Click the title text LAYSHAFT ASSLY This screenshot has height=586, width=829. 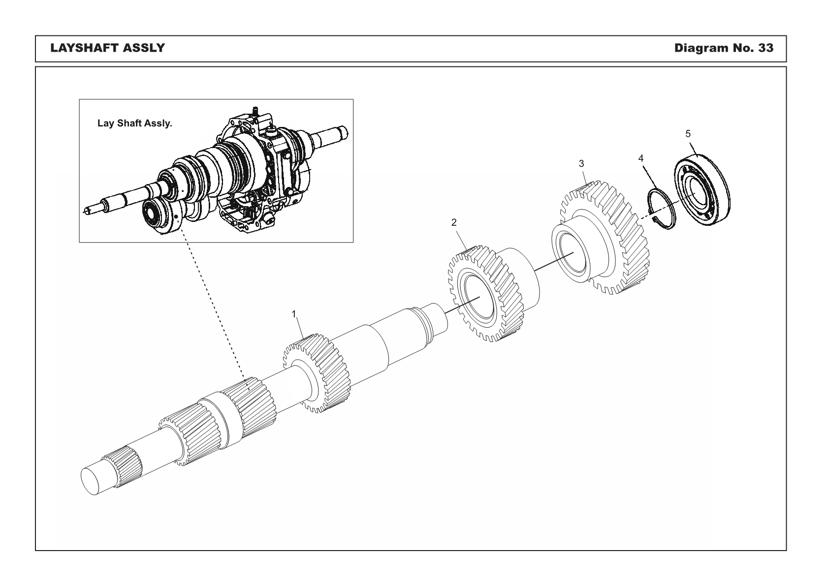[107, 48]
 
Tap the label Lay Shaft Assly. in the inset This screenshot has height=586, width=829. [134, 123]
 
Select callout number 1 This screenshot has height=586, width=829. [294, 313]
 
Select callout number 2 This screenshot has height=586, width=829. [454, 222]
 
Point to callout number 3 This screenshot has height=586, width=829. [581, 163]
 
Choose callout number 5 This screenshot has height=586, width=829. [688, 133]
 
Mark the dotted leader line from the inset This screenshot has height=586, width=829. [212, 305]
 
